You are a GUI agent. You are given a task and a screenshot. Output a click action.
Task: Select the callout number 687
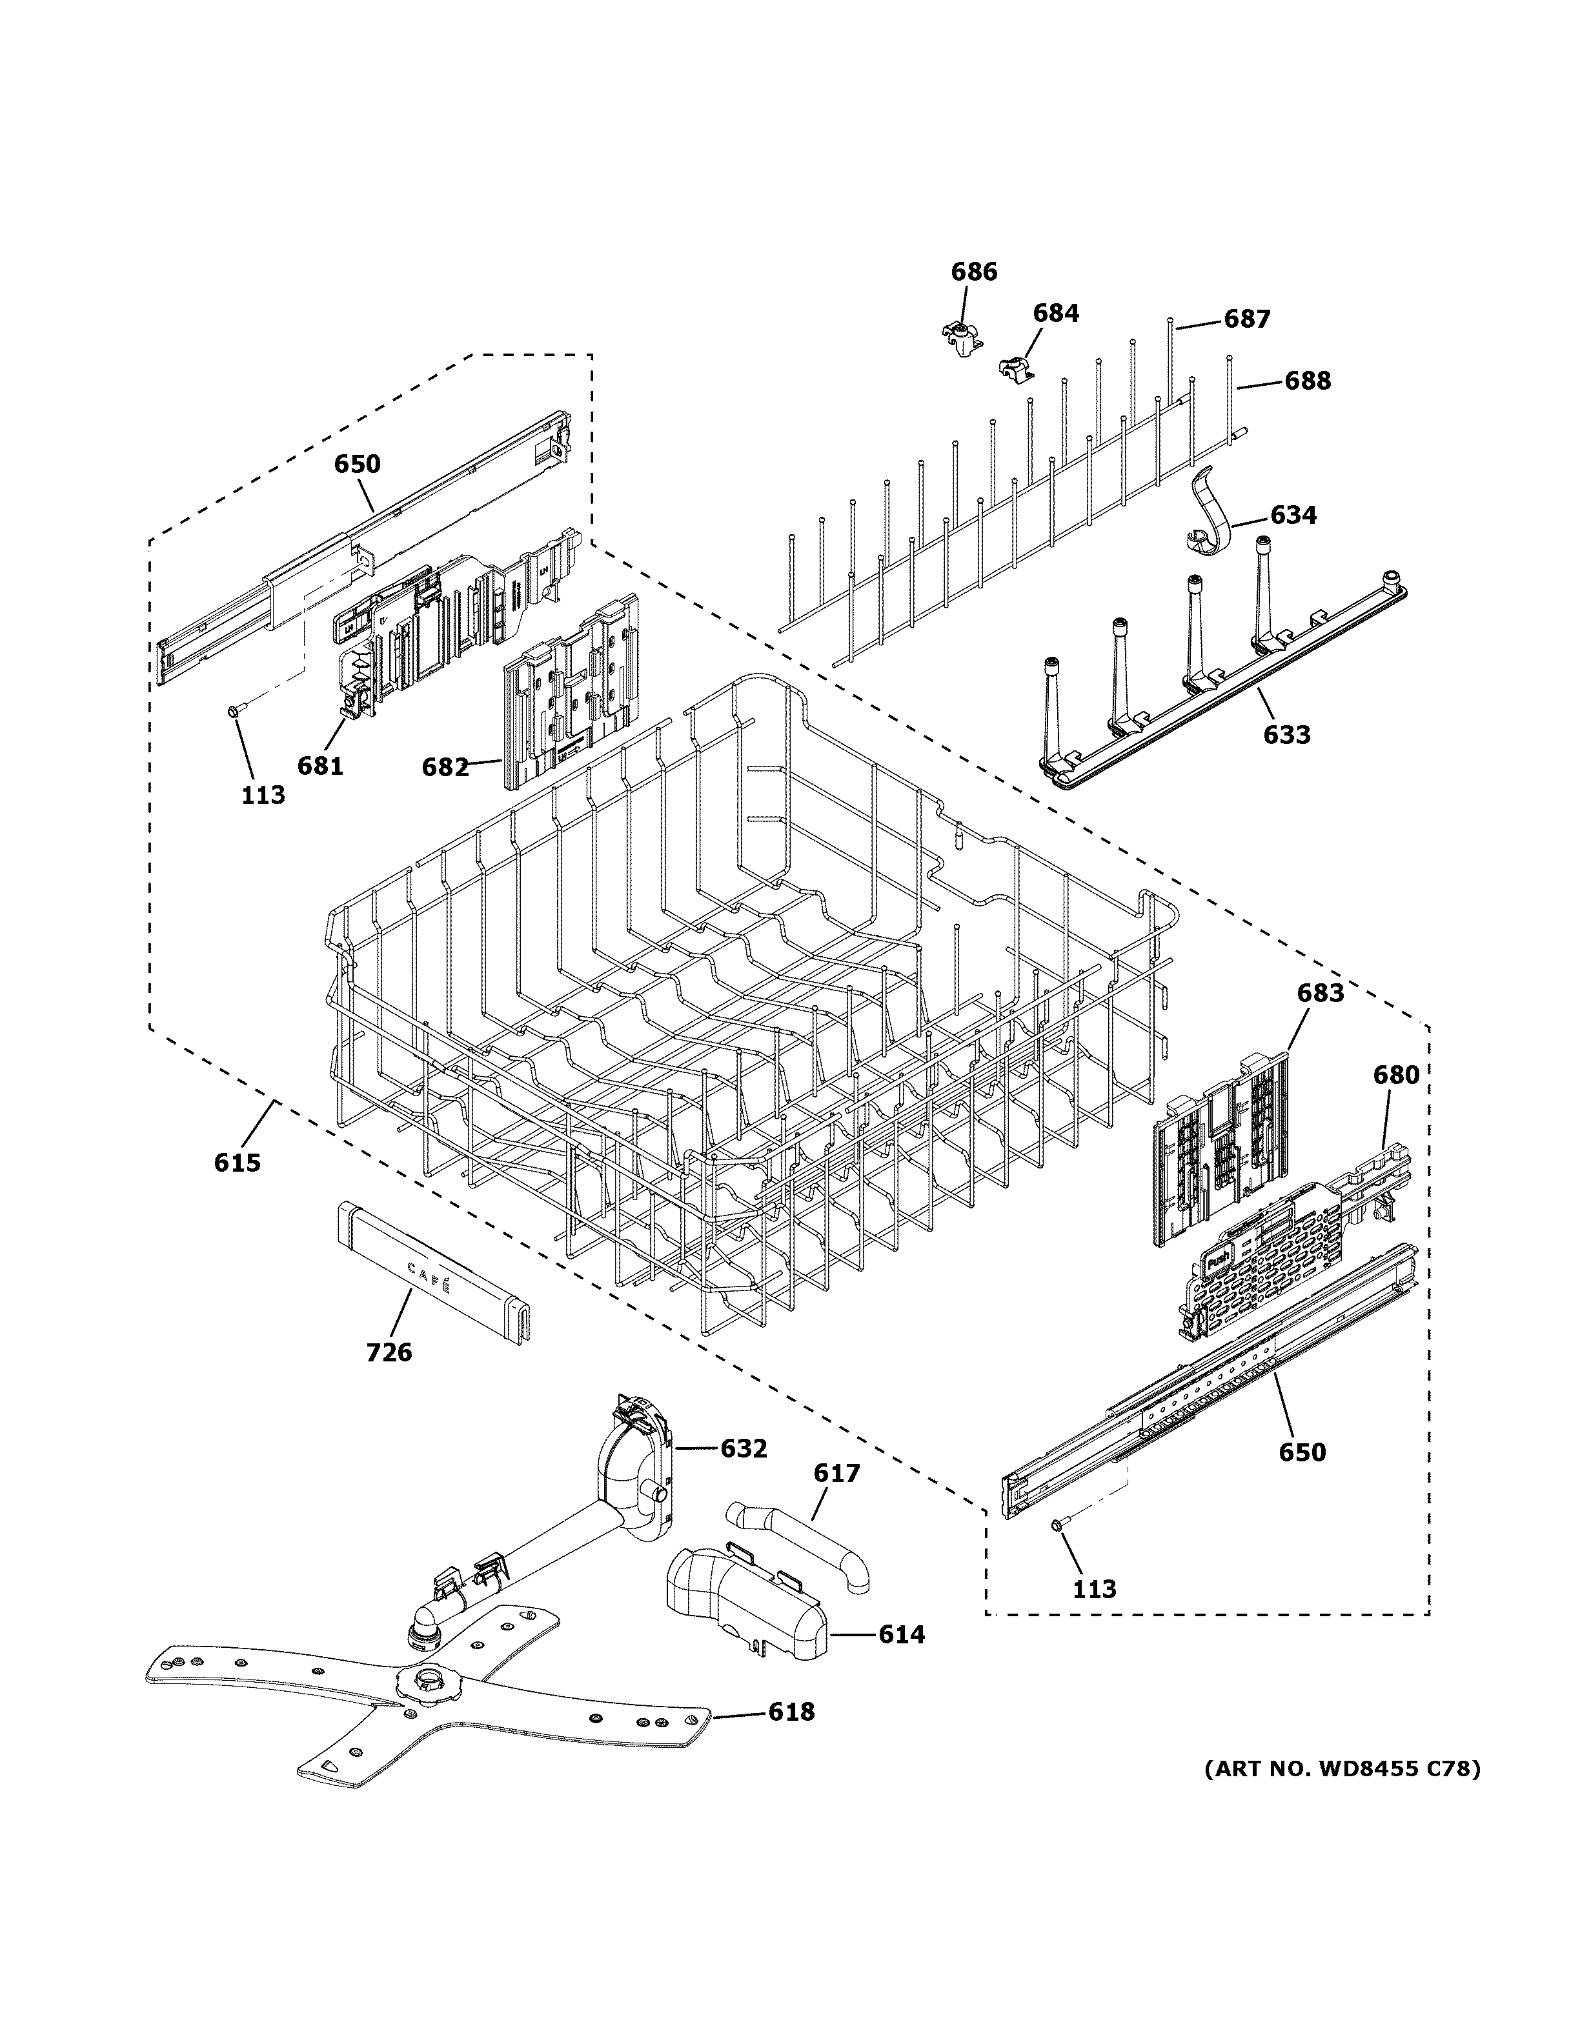pos(1247,319)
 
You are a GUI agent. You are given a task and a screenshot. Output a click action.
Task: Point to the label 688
pos(1307,381)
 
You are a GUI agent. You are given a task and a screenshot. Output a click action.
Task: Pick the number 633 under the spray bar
pos(1286,735)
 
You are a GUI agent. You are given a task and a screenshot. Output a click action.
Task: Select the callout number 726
pos(389,1352)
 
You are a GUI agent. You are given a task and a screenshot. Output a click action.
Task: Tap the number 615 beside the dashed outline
pos(237,1163)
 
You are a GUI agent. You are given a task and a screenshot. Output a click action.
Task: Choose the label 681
pos(320,766)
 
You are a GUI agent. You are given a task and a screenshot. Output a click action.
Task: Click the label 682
pos(445,767)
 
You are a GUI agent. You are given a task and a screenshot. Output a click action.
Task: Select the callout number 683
pos(1320,993)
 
